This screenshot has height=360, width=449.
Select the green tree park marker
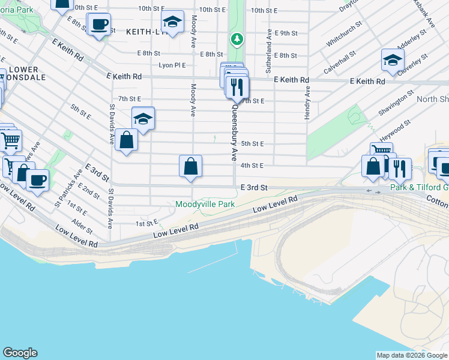click(238, 40)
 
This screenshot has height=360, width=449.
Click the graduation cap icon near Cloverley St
click(393, 61)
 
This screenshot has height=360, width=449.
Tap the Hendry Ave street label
click(307, 103)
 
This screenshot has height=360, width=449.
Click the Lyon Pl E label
click(172, 65)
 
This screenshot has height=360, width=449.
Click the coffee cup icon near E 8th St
click(99, 25)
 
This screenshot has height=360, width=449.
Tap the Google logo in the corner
click(20, 353)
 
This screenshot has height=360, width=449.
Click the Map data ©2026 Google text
click(411, 355)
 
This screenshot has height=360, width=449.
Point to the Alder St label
click(82, 221)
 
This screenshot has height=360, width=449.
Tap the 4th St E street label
click(252, 165)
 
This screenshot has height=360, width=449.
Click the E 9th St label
click(286, 33)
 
